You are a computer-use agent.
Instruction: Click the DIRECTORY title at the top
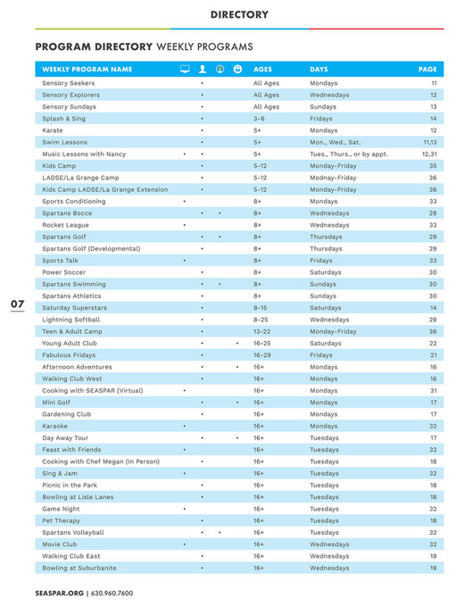239,14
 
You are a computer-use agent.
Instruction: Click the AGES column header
263,69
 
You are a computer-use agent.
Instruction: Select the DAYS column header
319,69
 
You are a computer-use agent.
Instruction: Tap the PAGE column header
427,69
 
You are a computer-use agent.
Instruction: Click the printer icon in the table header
237,69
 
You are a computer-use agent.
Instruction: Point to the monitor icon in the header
184,69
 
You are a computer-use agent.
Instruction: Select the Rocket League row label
65,225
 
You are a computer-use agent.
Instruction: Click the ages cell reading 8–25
261,320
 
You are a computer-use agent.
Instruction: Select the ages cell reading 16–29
262,354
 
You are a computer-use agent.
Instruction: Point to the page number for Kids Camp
433,165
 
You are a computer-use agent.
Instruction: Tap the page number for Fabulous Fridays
433,354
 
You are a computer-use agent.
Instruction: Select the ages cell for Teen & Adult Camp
262,331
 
